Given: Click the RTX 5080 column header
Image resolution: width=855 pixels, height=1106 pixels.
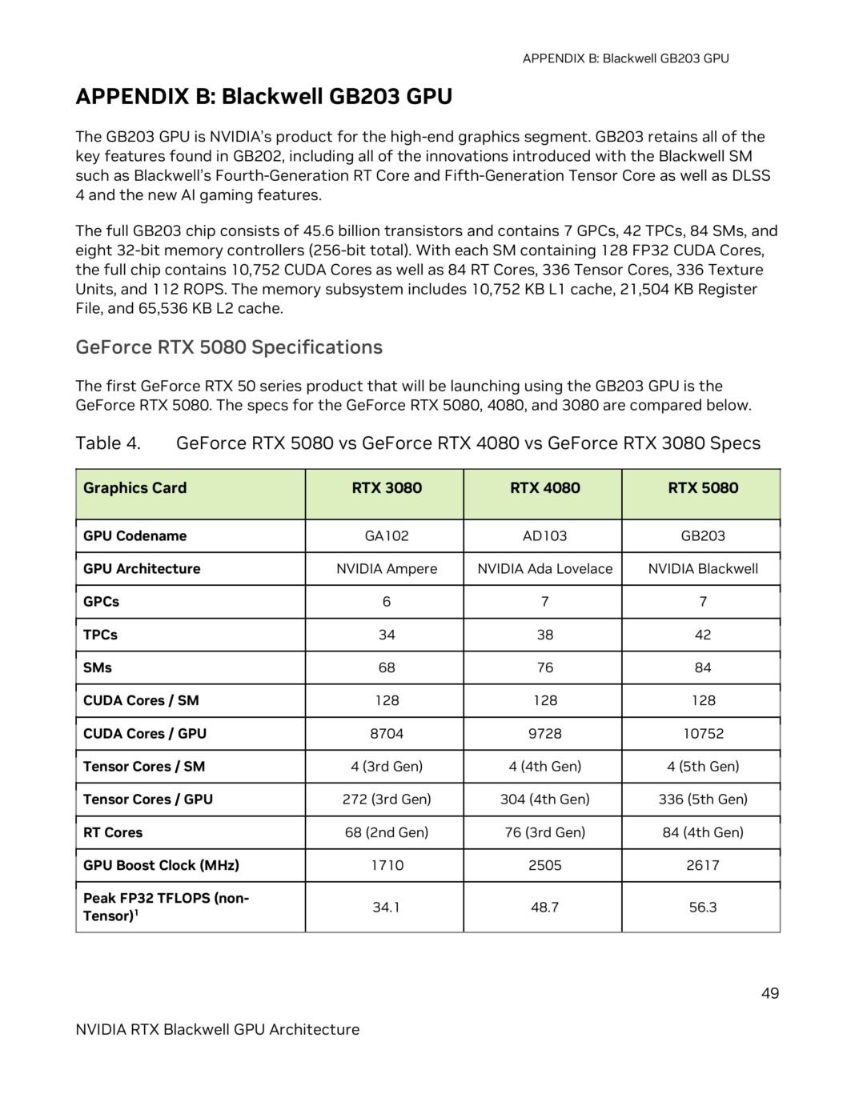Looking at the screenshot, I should click(702, 488).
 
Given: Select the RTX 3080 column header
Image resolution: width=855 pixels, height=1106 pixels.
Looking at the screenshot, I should click(386, 488).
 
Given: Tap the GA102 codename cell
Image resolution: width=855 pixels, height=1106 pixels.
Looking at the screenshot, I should click(386, 536).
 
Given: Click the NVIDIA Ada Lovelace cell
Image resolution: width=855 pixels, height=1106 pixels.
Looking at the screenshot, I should click(544, 569).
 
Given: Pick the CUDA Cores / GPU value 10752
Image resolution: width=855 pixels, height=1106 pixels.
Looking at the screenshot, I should click(702, 734).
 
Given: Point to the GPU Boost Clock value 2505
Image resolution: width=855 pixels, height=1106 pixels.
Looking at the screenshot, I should click(544, 865).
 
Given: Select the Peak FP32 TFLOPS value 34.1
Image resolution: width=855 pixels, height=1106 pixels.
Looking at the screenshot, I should click(386, 908).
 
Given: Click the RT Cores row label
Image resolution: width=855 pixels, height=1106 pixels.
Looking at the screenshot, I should click(113, 832).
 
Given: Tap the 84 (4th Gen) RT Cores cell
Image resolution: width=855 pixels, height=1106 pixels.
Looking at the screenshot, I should click(702, 832).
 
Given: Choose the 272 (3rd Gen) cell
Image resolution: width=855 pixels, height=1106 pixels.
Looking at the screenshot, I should click(386, 799).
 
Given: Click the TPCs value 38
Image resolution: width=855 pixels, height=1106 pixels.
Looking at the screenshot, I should click(544, 635).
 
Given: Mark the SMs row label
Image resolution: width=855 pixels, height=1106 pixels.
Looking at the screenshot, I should click(98, 667).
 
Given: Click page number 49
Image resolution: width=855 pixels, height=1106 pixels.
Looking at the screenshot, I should click(769, 993).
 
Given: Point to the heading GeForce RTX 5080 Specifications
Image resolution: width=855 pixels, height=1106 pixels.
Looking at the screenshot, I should click(229, 347).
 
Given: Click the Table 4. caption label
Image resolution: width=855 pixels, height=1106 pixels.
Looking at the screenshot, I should click(108, 443).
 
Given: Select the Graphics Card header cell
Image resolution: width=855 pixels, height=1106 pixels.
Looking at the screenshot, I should click(134, 488).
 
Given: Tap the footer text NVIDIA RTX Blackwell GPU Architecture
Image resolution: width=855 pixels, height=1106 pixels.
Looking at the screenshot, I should click(217, 1030).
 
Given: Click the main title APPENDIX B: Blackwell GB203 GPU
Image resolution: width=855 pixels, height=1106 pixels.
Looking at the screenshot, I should click(263, 97).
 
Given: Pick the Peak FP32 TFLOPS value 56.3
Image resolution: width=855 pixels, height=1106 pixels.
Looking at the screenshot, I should click(702, 908).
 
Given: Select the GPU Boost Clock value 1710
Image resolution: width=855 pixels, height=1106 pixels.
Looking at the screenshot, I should click(386, 865).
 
